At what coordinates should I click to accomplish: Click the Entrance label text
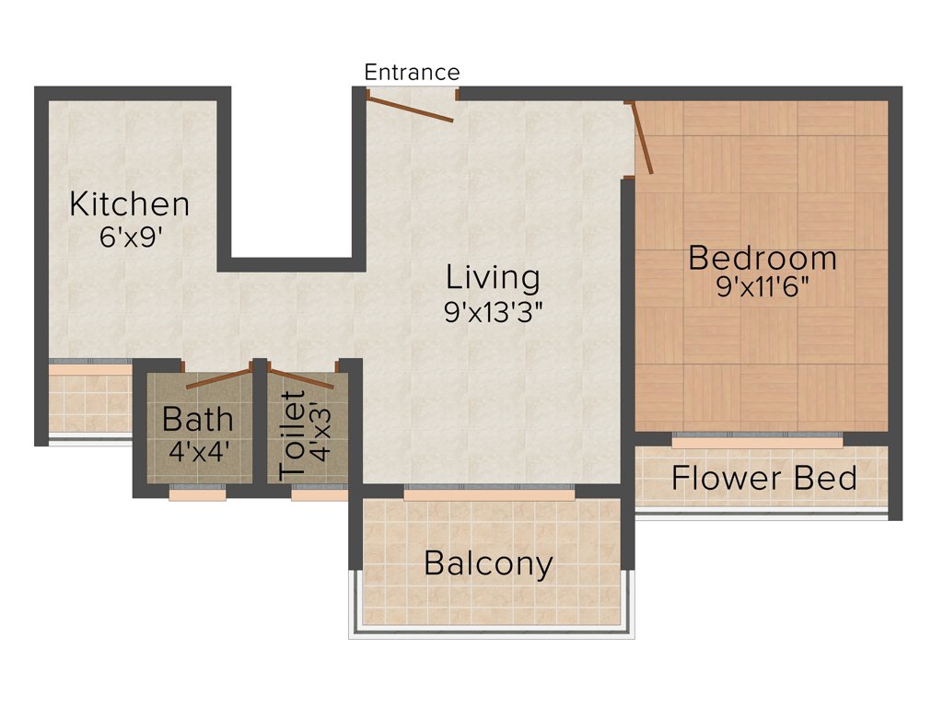coord(412,72)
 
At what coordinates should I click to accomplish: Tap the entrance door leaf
coord(410,106)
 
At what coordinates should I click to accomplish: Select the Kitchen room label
coord(130,203)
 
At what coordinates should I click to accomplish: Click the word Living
coord(493,276)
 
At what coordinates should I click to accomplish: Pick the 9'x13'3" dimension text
coord(493,312)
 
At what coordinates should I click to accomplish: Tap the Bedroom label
coord(763,258)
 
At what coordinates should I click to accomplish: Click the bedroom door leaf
coord(642,138)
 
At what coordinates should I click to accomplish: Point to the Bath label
coord(197,420)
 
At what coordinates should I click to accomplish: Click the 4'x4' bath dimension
coord(197,452)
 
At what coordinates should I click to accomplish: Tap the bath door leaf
coord(219,379)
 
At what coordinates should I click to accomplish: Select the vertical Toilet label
coord(292,434)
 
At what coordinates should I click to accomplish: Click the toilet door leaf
coord(300,379)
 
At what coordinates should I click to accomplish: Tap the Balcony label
coord(488,563)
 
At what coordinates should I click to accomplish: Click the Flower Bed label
coord(763,479)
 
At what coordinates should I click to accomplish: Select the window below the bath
coord(197,495)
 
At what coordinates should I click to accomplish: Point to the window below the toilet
coord(319,495)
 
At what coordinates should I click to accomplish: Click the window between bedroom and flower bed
coord(756,443)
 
